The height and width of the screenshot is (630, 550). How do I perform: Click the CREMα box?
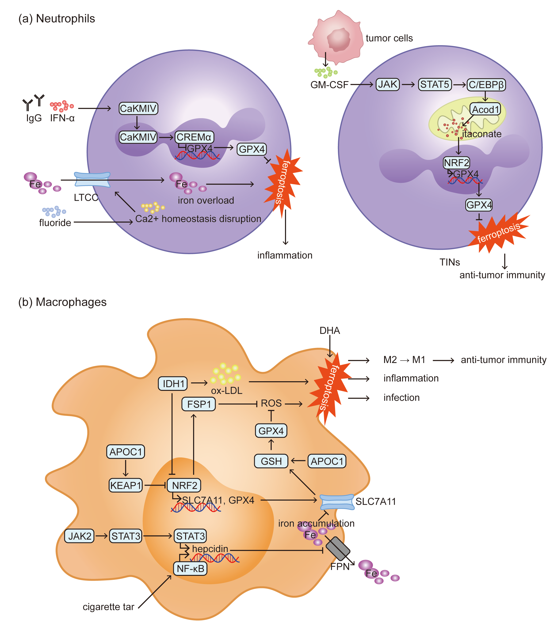point(194,137)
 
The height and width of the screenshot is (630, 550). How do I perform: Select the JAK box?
point(388,84)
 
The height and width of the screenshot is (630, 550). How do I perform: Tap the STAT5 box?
point(435,84)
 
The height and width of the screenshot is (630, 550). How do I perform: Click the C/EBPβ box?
point(486,85)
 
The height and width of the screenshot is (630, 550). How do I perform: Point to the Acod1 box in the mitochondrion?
point(485,109)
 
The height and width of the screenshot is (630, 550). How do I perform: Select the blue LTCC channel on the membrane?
point(92,180)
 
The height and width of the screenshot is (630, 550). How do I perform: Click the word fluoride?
point(55,223)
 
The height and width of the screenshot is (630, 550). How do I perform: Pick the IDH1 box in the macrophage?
point(173,383)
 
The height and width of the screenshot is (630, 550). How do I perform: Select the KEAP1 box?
point(126,486)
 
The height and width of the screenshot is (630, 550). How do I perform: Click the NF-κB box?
point(190,569)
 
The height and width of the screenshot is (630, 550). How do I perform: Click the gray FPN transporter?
point(338,549)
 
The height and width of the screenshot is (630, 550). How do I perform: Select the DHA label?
point(330,331)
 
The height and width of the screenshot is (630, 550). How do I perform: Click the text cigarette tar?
point(108,607)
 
